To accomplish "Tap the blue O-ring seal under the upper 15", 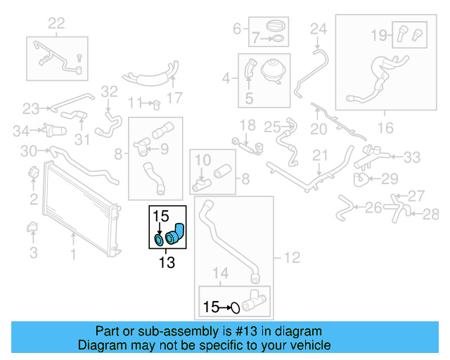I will pyautogui.click(x=160, y=241).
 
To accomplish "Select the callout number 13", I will pyautogui.click(x=167, y=264).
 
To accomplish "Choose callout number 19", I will pyautogui.click(x=378, y=34).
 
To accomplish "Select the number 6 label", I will pyautogui.click(x=237, y=29).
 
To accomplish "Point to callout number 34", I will pyautogui.click(x=22, y=129).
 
